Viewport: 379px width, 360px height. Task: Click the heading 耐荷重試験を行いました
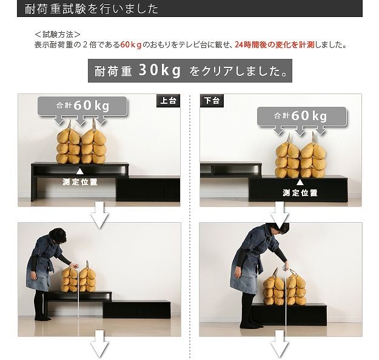(x=92, y=9)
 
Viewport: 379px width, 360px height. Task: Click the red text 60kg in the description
(x=131, y=45)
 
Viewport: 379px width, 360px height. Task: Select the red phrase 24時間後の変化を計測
(x=275, y=45)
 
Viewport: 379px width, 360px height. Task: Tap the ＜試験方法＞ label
(x=58, y=35)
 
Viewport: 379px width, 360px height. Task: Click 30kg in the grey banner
(x=159, y=70)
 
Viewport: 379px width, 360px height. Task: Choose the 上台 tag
(x=169, y=100)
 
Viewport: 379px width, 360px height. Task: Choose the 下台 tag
(x=212, y=100)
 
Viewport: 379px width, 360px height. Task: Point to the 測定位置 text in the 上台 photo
(x=80, y=182)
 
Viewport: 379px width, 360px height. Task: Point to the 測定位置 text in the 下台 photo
(x=300, y=193)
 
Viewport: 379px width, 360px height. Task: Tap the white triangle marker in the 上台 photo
(x=80, y=171)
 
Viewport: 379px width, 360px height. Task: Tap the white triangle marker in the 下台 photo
(x=300, y=182)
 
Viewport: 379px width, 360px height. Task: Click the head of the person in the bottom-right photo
(x=277, y=231)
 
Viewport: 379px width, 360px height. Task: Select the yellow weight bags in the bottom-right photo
(x=284, y=287)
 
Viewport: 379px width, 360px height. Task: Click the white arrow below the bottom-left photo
(x=99, y=344)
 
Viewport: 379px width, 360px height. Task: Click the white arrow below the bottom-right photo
(x=280, y=344)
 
